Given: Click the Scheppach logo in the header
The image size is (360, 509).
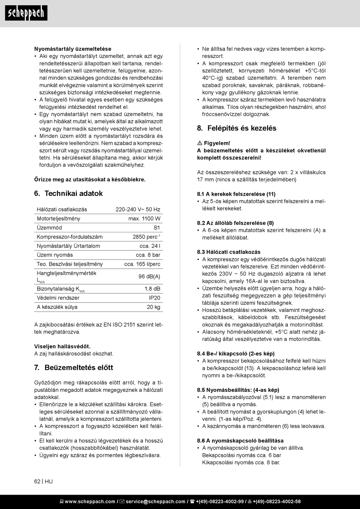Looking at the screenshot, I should click(x=26, y=13).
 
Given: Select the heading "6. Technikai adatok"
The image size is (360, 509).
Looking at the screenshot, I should click(x=68, y=193).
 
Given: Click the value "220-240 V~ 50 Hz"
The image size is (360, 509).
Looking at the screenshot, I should click(x=138, y=209).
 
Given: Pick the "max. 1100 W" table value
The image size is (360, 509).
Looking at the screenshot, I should click(x=144, y=219).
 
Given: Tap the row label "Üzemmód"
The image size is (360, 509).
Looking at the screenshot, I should click(x=49, y=228).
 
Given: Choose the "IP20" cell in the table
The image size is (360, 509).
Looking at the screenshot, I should click(x=154, y=298).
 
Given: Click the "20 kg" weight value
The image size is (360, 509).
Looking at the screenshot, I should click(x=153, y=307).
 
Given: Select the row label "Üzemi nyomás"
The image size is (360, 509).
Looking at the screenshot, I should click(x=55, y=255).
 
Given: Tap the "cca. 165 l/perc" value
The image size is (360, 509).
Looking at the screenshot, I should click(x=142, y=264).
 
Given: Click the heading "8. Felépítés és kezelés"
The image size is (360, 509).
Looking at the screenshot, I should click(x=236, y=128).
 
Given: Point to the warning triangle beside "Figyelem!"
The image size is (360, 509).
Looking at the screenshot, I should click(x=200, y=143).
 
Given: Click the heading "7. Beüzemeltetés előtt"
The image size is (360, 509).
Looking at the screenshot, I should click(x=74, y=368).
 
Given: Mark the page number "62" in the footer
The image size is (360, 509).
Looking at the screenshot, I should click(x=37, y=481).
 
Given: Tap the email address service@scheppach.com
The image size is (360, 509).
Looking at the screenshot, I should click(x=155, y=501).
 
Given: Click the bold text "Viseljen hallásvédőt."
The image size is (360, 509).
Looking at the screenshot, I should click(x=62, y=346).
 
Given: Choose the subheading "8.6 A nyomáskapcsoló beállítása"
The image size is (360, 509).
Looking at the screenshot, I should click(x=240, y=441).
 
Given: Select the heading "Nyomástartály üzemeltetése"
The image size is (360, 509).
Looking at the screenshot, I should click(x=73, y=49).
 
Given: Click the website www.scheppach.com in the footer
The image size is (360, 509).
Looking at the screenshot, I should click(x=90, y=501).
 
